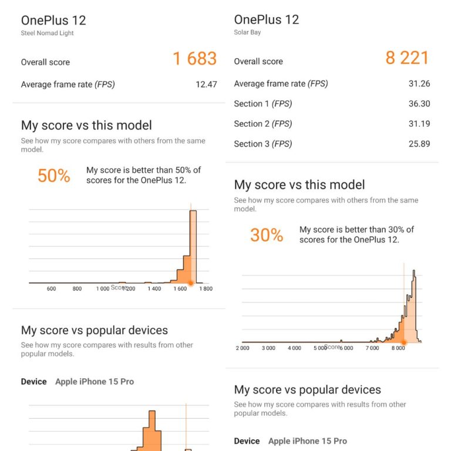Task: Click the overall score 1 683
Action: click(194, 59)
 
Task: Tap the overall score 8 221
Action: click(408, 58)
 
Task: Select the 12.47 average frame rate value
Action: click(206, 85)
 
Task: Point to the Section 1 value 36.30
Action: click(419, 104)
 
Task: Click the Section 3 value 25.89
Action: click(419, 144)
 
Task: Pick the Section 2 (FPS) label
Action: click(263, 124)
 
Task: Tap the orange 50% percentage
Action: click(54, 176)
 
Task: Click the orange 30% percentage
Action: click(267, 235)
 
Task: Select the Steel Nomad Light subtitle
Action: click(48, 33)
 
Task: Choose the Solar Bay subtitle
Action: click(247, 32)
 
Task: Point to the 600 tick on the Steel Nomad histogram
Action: click(51, 289)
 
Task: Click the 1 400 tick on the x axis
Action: click(154, 289)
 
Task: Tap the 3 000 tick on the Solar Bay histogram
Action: click(268, 348)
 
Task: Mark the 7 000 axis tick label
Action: click(372, 348)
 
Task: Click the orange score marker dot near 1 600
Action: click(190, 283)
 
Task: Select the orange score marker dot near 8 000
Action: click(403, 342)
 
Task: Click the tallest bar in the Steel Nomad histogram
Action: click(193, 247)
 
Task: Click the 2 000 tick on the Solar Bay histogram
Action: click(243, 348)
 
